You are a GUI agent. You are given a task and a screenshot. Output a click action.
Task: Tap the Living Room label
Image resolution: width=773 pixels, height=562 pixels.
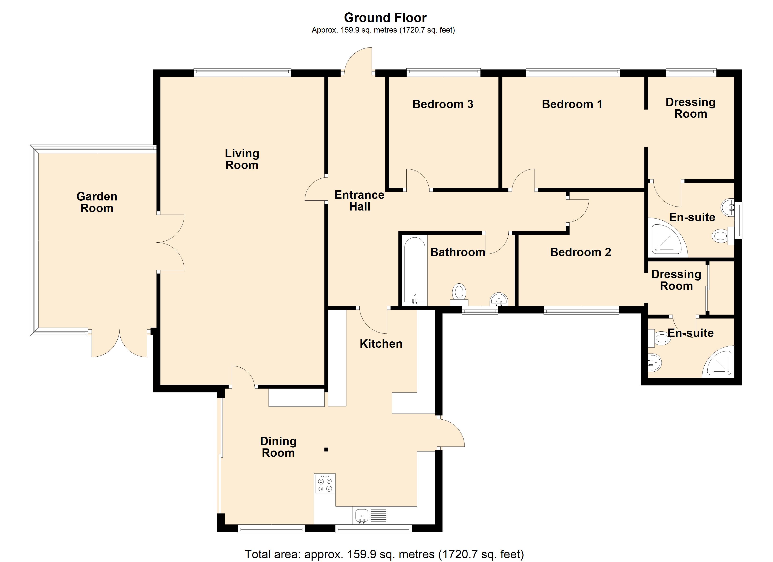(242, 159)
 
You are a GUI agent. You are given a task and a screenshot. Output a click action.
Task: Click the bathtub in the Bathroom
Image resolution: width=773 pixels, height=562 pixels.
(414, 270)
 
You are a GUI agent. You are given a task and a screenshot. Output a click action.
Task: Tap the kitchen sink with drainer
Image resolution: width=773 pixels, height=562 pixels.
(371, 515)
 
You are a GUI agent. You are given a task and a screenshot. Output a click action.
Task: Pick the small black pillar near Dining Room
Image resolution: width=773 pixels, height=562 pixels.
(326, 450)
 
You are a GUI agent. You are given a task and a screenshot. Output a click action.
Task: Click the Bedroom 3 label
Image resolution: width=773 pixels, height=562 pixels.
(442, 104)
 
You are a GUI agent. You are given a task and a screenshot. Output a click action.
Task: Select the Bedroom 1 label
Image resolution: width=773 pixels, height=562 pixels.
(572, 104)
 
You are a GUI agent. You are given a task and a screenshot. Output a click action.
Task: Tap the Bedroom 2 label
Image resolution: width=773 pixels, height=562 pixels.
(580, 252)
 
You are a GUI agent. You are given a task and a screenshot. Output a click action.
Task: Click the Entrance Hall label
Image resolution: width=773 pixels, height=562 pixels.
(359, 201)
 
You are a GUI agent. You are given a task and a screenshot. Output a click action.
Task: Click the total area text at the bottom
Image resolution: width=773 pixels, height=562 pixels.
(384, 554)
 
